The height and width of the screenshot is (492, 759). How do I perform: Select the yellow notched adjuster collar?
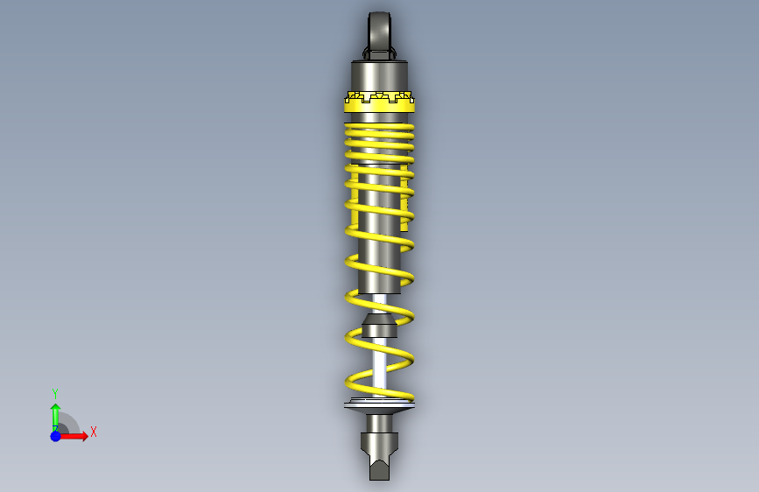[380, 102]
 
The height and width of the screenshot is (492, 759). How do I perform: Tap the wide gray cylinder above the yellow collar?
[380, 75]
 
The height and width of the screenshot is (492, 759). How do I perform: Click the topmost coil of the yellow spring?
[380, 128]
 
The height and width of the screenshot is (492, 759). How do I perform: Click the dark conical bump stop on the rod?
[380, 326]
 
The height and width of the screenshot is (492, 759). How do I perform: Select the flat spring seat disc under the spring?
[380, 406]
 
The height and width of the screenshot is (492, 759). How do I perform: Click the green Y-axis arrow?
[55, 418]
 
